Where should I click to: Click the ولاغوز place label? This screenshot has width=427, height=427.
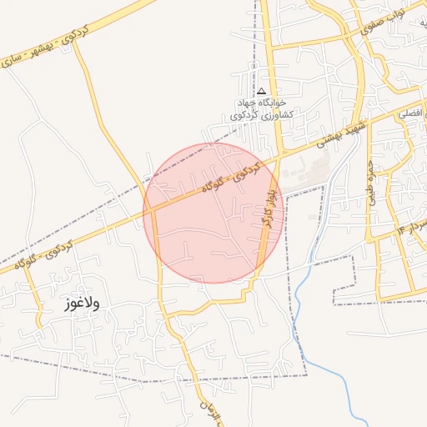(81, 304)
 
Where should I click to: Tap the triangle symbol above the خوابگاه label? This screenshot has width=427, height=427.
(261, 91)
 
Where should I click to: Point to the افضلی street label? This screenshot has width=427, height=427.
(410, 111)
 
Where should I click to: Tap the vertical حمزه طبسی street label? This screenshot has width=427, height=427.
(370, 185)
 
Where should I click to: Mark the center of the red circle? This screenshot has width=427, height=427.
(213, 213)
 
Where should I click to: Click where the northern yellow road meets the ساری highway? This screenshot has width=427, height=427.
(73, 39)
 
